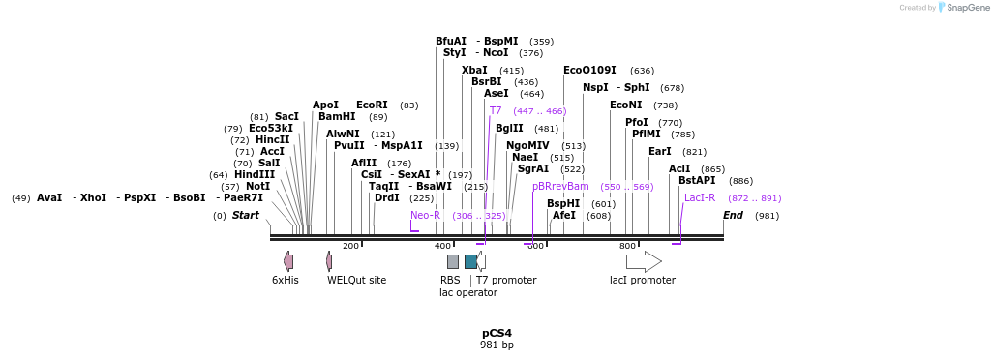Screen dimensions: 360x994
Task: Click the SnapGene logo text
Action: click(x=968, y=8)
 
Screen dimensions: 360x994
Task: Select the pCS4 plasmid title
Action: click(x=497, y=333)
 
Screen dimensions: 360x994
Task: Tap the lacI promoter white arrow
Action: click(x=644, y=261)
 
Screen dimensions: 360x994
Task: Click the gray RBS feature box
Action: click(x=452, y=261)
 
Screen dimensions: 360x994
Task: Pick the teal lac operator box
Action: click(x=470, y=261)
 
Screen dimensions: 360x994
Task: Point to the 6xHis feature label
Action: click(x=285, y=281)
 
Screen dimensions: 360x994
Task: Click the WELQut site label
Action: click(x=356, y=281)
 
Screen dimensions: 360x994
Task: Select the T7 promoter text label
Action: click(x=506, y=281)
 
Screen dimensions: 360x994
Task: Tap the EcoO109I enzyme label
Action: click(x=589, y=71)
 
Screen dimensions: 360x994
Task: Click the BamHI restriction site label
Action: click(x=337, y=117)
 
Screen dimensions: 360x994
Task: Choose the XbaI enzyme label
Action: click(x=474, y=71)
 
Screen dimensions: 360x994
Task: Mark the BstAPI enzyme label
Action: click(x=697, y=181)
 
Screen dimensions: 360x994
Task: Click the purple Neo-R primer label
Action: click(x=425, y=215)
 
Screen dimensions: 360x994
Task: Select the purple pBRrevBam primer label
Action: click(x=560, y=187)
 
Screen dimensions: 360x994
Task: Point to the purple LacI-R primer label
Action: click(x=700, y=198)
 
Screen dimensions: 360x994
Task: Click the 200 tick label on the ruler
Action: click(x=350, y=246)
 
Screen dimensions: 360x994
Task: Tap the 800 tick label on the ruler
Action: click(x=627, y=246)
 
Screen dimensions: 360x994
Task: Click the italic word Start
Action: click(x=245, y=215)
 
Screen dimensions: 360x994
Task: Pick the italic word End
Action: click(x=733, y=215)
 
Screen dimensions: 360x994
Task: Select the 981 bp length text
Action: click(x=497, y=345)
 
